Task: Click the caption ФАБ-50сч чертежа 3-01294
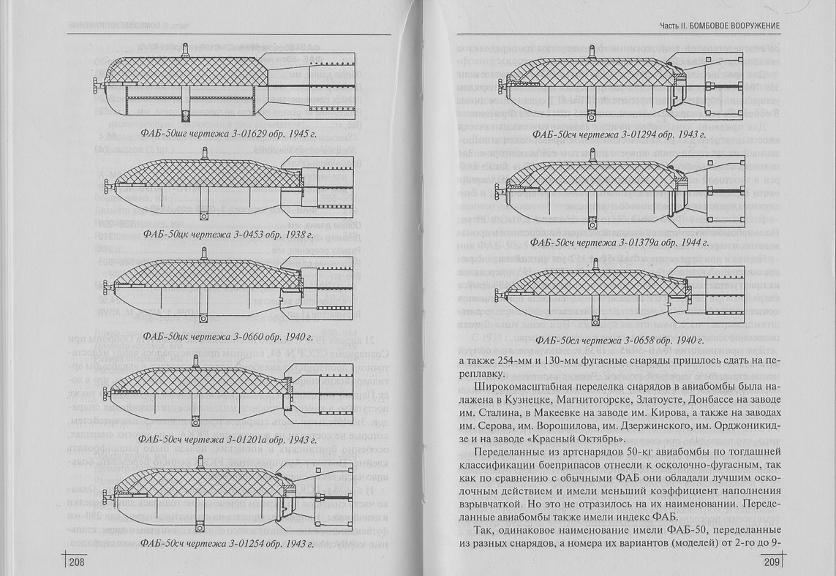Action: click(619, 134)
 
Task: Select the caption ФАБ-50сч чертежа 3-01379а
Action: click(619, 241)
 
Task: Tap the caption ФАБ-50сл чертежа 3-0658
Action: click(619, 341)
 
